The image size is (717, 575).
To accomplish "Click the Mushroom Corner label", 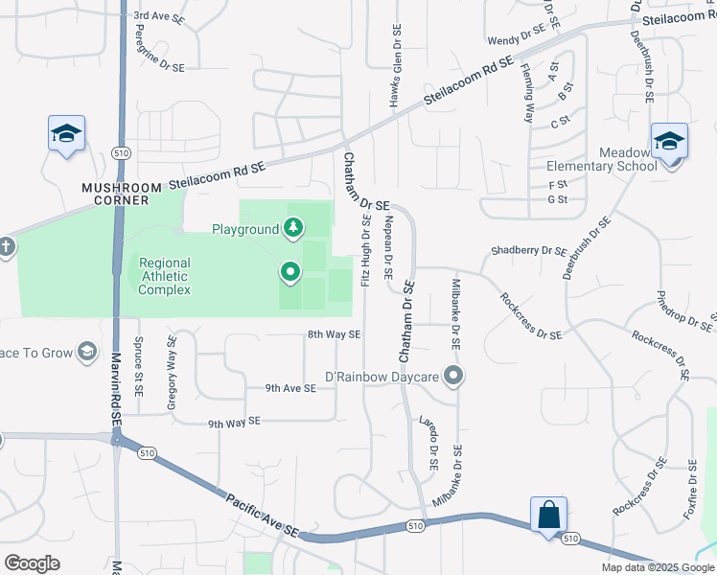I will point(115,194).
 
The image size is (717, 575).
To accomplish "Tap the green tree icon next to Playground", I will point(294,228).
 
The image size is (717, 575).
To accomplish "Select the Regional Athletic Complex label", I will point(164,276).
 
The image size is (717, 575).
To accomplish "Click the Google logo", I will point(33,563).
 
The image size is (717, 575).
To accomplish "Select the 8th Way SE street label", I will point(334,334).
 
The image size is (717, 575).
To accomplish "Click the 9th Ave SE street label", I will point(290,388).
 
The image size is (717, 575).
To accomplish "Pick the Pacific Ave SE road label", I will point(263,515).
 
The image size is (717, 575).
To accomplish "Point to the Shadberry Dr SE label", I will point(529,251).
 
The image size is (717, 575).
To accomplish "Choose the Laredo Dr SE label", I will point(428,441).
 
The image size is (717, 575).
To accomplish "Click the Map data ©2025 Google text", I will point(657,567).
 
